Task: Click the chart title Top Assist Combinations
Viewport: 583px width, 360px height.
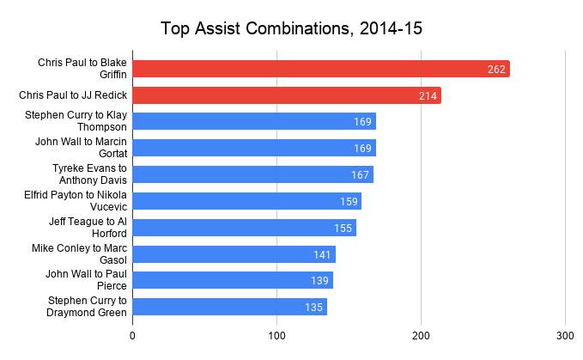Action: [x=291, y=28]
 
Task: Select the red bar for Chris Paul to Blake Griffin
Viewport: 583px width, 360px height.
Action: [x=321, y=69]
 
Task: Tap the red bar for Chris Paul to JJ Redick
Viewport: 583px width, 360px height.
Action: [x=287, y=95]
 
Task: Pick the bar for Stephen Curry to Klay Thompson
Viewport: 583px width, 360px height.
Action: [x=254, y=122]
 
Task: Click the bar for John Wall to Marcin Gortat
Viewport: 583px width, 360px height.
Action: [x=254, y=149]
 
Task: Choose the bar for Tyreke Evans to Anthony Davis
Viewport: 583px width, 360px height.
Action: [x=252, y=175]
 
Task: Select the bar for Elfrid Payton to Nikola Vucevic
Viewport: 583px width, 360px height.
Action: [x=247, y=202]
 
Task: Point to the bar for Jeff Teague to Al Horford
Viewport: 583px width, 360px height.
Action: [x=244, y=228]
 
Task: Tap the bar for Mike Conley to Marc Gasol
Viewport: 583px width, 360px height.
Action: [x=234, y=254]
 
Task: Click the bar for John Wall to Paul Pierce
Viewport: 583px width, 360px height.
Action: [x=233, y=281]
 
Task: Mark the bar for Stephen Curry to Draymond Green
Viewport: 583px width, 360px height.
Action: [x=230, y=308]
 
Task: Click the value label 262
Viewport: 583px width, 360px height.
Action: [x=495, y=69]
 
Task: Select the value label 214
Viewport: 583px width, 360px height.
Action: [x=427, y=95]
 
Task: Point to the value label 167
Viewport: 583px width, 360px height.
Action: [x=359, y=175]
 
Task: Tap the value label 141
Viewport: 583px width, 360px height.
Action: [x=321, y=254]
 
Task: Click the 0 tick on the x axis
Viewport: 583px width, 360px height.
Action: [x=133, y=336]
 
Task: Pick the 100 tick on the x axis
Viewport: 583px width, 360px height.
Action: [x=276, y=336]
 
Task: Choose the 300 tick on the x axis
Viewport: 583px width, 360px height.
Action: [x=565, y=336]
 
